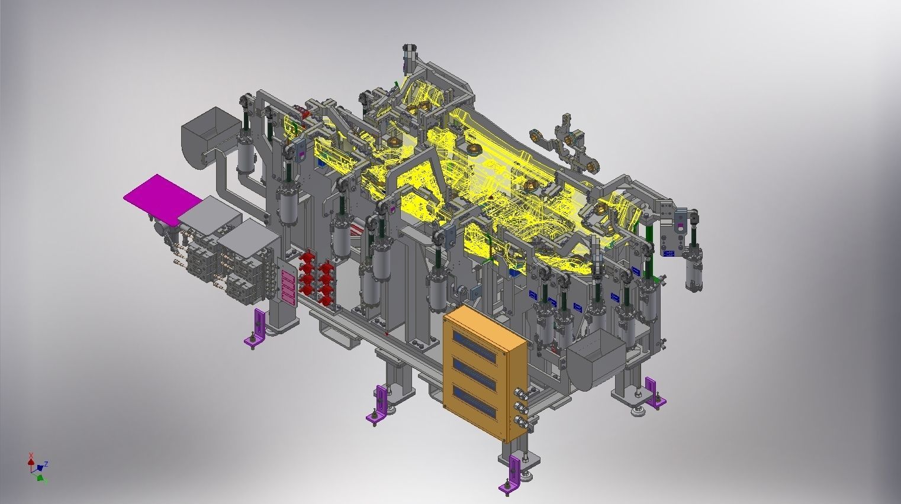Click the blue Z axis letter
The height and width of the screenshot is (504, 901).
pyautogui.click(x=46, y=464)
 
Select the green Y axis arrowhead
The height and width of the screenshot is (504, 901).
pyautogui.click(x=40, y=477)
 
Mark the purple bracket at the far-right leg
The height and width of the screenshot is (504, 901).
pyautogui.click(x=654, y=393)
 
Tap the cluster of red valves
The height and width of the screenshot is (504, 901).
pyautogui.click(x=316, y=275)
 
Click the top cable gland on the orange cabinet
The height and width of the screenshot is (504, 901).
pyautogui.click(x=520, y=392)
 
